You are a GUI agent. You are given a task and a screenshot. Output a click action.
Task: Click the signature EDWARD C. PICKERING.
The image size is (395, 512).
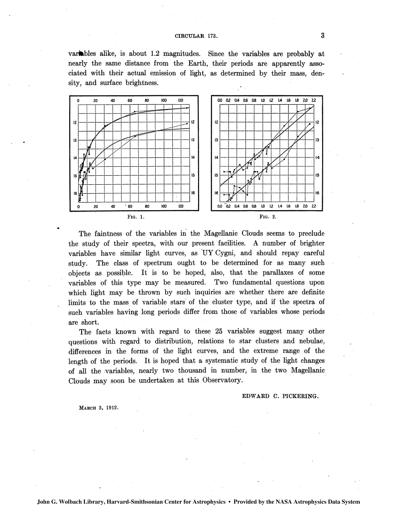[x=280, y=396]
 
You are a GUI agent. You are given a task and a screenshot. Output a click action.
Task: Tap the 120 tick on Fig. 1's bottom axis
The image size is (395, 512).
[x=181, y=207]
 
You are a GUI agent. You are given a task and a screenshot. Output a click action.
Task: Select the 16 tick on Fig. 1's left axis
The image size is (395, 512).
[x=75, y=193]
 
